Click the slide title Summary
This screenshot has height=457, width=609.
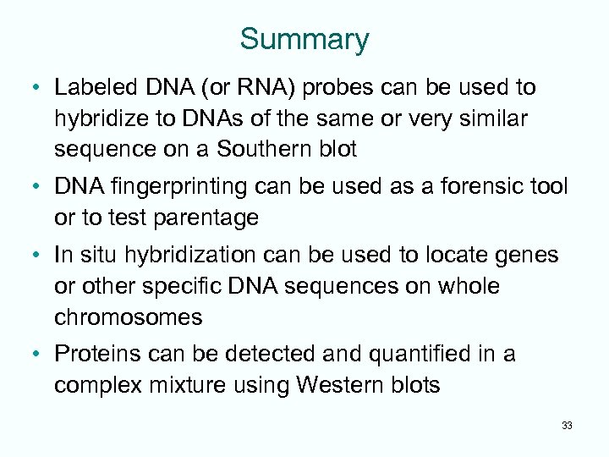(x=304, y=40)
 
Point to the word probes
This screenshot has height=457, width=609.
(x=326, y=87)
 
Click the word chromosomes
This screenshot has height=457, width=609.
(x=128, y=317)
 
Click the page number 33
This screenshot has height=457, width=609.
(x=566, y=426)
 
